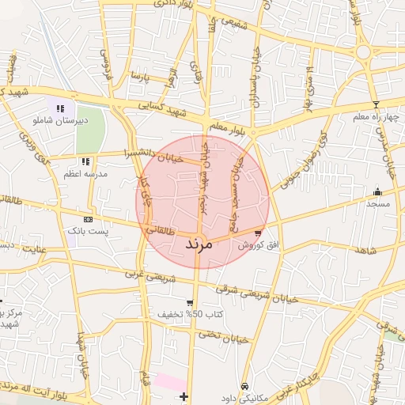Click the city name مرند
point(199,244)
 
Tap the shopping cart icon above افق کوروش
point(258,233)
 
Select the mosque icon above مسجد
point(377,191)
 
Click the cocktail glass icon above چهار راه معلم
point(376,104)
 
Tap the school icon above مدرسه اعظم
point(85,161)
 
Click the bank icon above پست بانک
point(87,219)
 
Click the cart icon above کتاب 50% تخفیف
point(189,303)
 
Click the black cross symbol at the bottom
point(184,396)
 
